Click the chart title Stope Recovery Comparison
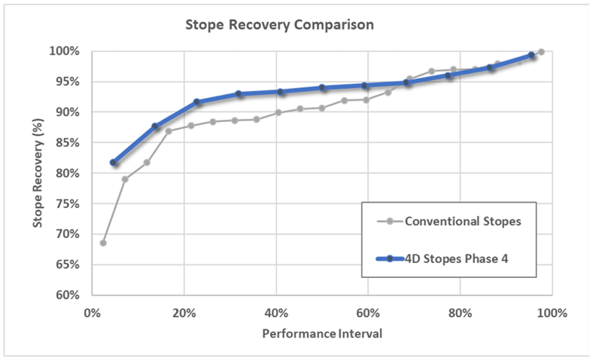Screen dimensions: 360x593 (280, 25)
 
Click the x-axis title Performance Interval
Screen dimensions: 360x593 (321, 332)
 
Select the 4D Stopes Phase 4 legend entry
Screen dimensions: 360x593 (462, 258)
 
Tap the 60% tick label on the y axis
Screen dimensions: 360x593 (67, 294)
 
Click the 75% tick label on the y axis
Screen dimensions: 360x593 (67, 203)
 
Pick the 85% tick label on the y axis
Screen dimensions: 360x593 (67, 142)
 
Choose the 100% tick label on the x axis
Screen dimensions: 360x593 (551, 313)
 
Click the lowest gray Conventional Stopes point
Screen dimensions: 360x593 (103, 243)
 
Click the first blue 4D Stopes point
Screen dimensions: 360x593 (114, 163)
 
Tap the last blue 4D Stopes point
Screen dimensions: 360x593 (531, 55)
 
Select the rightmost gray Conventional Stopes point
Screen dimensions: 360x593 (541, 52)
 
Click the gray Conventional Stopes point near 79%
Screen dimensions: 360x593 (125, 179)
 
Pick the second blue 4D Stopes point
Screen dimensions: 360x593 (155, 127)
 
